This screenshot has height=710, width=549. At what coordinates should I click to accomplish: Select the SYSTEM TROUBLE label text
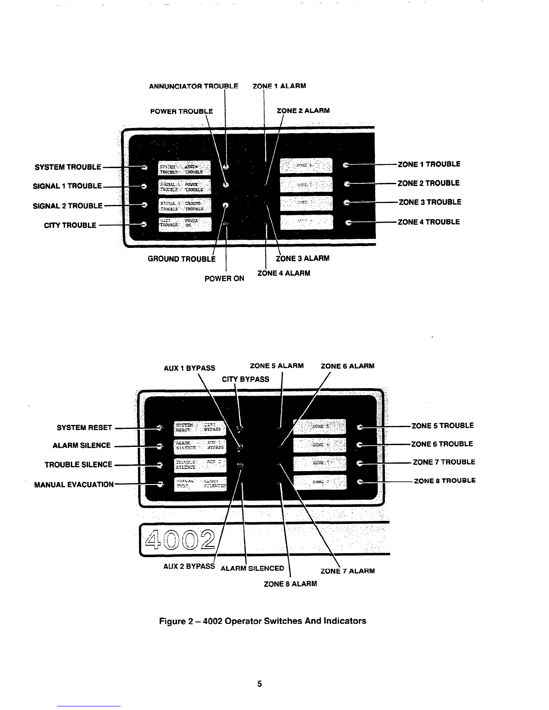[x=67, y=167]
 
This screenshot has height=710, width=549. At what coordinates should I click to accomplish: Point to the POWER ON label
[x=224, y=278]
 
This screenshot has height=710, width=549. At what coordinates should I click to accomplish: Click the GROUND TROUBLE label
[x=182, y=259]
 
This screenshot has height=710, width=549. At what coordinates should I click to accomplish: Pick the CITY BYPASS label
[x=246, y=379]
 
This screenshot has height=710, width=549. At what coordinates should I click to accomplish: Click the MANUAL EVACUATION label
[x=74, y=485]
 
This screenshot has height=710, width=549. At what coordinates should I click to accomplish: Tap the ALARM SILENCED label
[x=253, y=568]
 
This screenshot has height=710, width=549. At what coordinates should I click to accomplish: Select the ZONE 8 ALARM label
[x=290, y=584]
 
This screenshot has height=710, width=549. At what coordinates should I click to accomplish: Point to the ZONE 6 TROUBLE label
[x=442, y=444]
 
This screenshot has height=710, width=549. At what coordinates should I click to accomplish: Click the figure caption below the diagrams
[x=263, y=621]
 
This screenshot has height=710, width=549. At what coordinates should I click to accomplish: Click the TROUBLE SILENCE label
[x=78, y=464]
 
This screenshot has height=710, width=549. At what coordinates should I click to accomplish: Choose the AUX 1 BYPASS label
[x=189, y=368]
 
